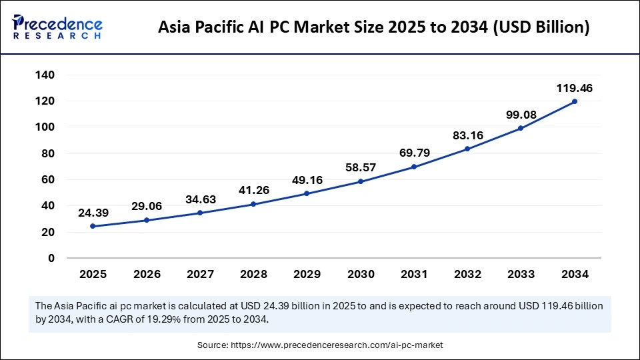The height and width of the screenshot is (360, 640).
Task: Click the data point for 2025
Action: (92, 226)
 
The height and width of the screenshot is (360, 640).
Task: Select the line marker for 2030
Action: (360, 181)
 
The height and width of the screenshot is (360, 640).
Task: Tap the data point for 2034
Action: (574, 101)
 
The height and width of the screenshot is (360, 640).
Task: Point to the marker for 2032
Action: (467, 149)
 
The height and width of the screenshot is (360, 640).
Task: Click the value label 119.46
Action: (574, 87)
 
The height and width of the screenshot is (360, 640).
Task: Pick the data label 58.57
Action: (360, 167)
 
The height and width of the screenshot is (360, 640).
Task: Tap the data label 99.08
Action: (521, 114)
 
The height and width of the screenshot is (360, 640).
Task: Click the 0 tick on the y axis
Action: (51, 258)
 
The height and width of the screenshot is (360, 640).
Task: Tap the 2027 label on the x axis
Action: (199, 274)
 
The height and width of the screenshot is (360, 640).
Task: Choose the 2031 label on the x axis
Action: (413, 274)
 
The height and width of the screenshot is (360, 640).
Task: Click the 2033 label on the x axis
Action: (521, 274)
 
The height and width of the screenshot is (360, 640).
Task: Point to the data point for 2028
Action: (253, 204)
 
